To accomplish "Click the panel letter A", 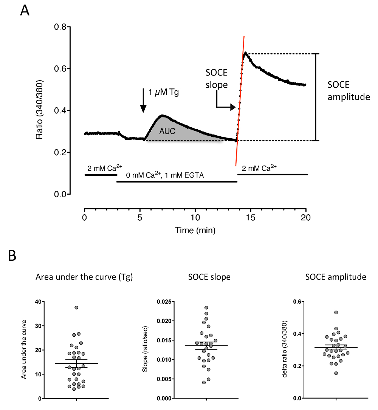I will click(25, 11).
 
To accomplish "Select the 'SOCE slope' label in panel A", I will click(217, 79).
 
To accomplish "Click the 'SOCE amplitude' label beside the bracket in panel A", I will click(349, 91).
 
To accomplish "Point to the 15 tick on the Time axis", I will click(251, 218).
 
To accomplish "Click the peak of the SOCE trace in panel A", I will click(245, 53).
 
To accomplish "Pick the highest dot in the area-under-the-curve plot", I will click(76, 308).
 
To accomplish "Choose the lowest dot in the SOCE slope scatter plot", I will click(204, 382).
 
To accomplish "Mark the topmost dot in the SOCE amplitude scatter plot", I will click(336, 313).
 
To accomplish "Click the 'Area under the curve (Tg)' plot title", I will click(84, 277).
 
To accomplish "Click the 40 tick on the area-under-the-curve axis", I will click(37, 302).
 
